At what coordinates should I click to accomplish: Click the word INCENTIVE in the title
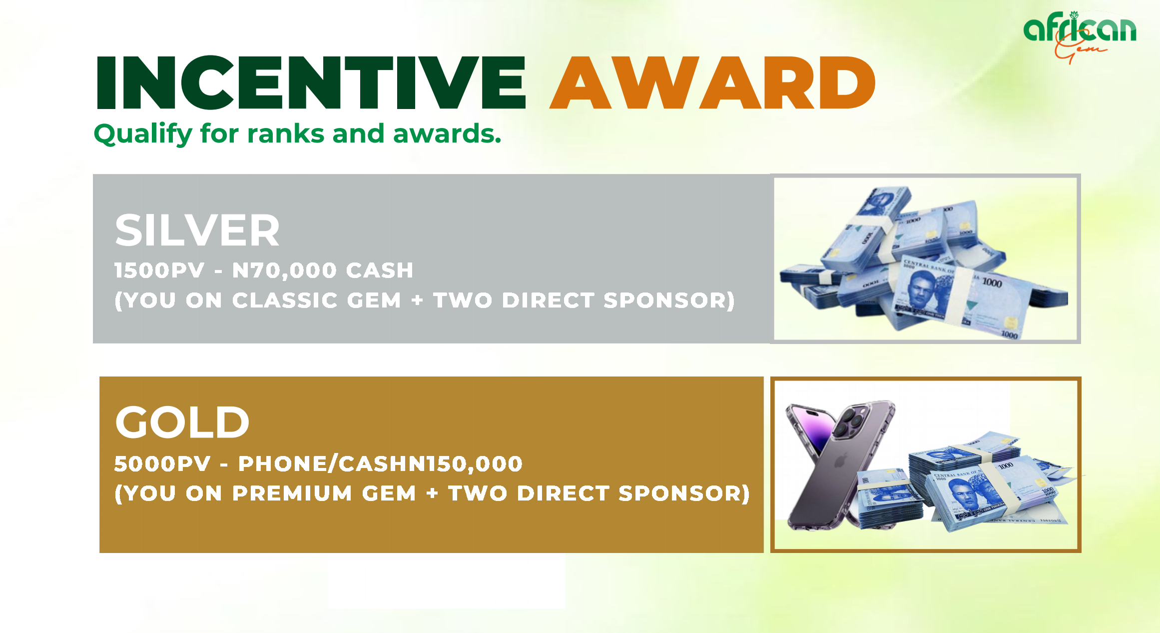[x=311, y=82]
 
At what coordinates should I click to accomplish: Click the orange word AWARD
[x=712, y=82]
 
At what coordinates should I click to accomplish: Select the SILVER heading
[x=197, y=230]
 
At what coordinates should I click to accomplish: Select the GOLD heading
[x=182, y=422]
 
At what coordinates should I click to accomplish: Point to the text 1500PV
[x=159, y=270]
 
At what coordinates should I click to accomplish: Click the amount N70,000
[x=284, y=270]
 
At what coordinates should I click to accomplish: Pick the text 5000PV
[x=162, y=464]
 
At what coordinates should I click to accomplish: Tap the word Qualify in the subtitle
[x=142, y=134]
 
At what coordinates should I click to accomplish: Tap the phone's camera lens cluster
[x=851, y=420]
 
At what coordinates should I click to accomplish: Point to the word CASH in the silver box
[x=380, y=270]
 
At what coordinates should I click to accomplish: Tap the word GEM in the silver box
[x=374, y=300]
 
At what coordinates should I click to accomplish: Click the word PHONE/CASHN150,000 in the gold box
[x=380, y=464]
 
